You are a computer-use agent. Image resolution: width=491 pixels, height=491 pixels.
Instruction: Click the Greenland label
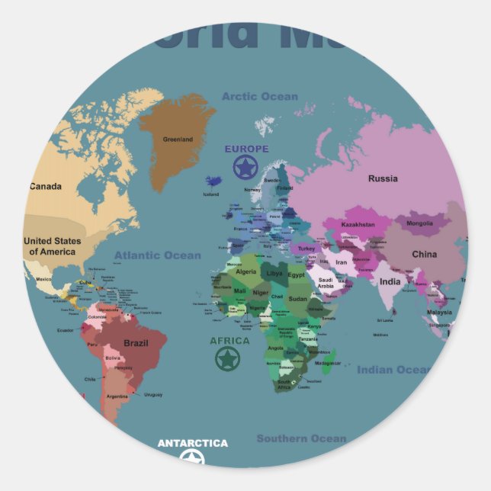tap(178, 140)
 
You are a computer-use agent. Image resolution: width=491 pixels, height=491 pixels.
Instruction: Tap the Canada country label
tap(46, 186)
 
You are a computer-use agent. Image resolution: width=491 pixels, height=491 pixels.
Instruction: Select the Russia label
tap(383, 178)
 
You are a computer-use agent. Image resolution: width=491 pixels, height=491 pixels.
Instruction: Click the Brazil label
tap(135, 343)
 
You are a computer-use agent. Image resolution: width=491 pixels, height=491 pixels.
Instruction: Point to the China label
tap(425, 255)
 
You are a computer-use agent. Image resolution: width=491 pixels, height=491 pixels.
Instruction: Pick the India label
tap(390, 282)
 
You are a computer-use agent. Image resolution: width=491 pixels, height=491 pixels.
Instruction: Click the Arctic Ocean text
tap(260, 96)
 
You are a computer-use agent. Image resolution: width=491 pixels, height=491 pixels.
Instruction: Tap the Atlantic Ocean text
tap(158, 255)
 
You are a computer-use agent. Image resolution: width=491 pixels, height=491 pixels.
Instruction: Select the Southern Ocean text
tap(301, 438)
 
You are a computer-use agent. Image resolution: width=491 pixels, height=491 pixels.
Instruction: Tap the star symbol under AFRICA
tap(227, 358)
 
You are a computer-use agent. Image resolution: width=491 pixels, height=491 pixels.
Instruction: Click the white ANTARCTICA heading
tap(192, 443)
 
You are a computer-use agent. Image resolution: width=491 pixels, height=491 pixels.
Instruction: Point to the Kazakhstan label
tap(358, 225)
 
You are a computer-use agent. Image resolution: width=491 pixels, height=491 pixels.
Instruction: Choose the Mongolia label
tap(419, 223)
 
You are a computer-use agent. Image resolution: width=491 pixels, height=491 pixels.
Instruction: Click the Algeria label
tap(246, 271)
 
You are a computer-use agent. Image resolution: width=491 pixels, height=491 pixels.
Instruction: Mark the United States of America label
tap(52, 246)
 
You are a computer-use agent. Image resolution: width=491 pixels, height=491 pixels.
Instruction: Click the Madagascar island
tap(326, 358)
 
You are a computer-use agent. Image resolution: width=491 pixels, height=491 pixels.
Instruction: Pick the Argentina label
tap(117, 396)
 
